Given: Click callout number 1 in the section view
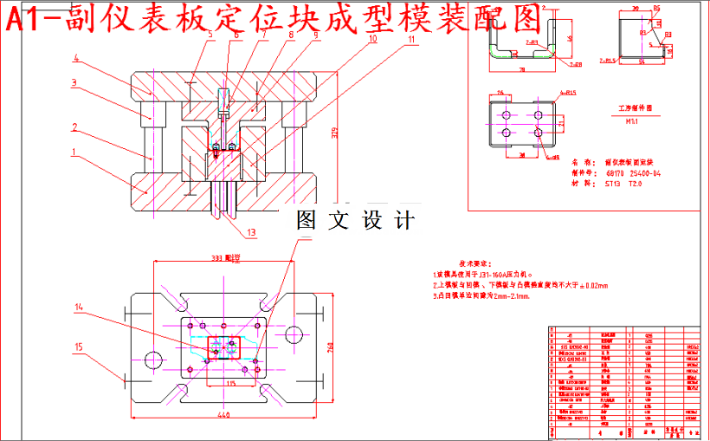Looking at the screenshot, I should coord(74,152).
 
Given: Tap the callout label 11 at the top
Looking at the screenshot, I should coord(412,39).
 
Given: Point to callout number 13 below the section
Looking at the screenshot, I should coord(252,232).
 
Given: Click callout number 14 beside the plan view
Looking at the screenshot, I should coord(78,307).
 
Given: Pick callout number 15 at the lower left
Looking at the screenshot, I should coord(78,347).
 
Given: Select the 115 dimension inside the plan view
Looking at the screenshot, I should coord(230,382).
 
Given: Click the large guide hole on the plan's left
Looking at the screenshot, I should coord(155,359).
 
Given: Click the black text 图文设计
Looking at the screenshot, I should coord(355,220).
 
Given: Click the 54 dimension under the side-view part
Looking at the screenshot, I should coord(642,63).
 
